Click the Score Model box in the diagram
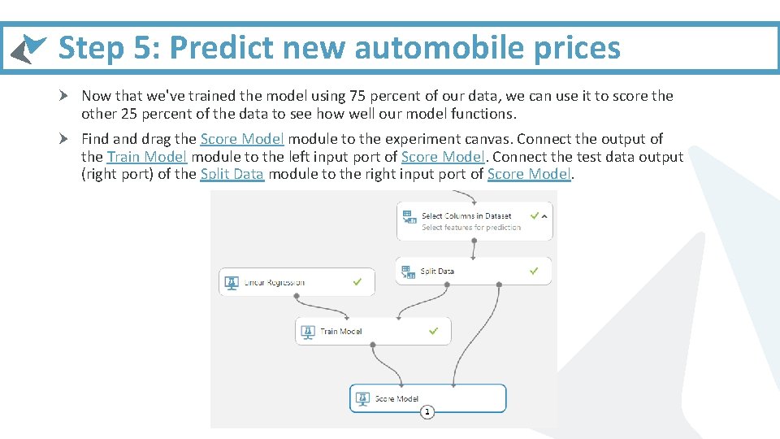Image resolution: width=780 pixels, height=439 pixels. coord(428,398)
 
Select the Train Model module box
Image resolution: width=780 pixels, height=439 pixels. coord(372,331)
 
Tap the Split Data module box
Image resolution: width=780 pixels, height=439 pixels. coord(474,271)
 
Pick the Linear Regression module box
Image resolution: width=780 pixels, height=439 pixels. coord(297,282)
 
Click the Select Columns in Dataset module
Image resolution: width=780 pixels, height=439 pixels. coord(474,220)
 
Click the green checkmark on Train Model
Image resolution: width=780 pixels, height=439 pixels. coord(434,331)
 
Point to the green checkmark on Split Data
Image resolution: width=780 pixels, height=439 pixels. coord(534,271)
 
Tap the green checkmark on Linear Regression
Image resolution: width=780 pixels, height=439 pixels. coord(357,282)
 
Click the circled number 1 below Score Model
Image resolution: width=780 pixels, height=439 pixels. coord(427,412)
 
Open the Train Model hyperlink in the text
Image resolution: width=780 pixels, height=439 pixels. coord(147,156)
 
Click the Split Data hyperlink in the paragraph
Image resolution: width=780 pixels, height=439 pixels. coord(232,173)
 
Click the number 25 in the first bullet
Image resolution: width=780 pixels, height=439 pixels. coord(128,114)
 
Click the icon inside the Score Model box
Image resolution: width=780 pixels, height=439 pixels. coord(362,398)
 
